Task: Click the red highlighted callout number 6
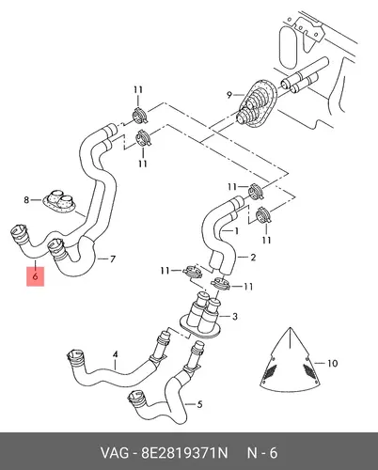35,276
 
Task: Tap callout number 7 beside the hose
113,258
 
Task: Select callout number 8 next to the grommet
26,199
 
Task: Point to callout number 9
229,94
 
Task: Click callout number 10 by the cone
332,363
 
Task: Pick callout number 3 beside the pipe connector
234,316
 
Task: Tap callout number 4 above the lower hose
116,354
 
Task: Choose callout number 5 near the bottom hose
199,404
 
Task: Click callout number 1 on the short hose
236,231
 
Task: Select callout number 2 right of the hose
253,258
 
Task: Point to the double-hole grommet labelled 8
60,201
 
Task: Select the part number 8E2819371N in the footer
184,453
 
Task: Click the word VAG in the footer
115,453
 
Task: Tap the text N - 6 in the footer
262,453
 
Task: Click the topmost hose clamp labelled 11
140,115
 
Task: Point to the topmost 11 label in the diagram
138,90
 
